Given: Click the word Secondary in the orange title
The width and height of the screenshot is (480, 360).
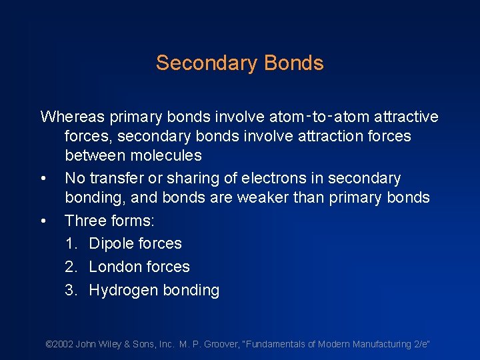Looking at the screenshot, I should tap(207, 63).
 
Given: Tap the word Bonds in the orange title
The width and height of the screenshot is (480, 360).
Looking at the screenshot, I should tap(293, 63).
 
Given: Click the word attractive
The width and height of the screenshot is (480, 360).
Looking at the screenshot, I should tap(406, 117).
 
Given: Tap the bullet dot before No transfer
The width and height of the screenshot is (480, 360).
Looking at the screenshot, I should tap(43, 179).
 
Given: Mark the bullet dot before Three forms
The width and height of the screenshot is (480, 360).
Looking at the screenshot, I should tap(43, 221).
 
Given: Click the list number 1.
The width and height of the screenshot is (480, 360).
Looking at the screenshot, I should tap(70, 244).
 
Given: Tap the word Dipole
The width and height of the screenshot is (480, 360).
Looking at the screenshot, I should tap(112, 244).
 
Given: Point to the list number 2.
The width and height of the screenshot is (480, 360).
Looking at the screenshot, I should tap(70, 267).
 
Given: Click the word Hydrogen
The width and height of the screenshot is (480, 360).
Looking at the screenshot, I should tap(122, 291).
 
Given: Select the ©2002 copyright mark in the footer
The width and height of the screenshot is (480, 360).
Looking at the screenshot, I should tap(59, 345).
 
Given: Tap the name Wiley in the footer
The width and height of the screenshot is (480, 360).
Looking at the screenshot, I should tap(109, 345).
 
